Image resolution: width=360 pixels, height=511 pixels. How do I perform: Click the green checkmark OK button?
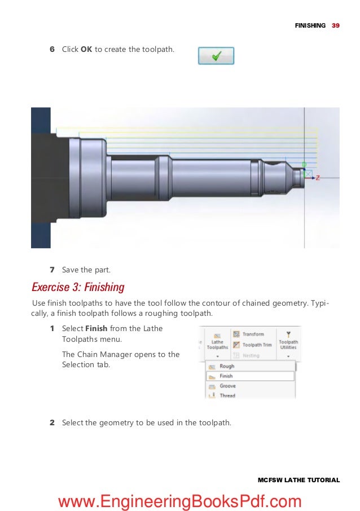[x=216, y=56]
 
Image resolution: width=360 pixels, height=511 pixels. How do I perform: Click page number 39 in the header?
[x=336, y=25]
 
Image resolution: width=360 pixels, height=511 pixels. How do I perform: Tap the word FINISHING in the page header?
[x=310, y=25]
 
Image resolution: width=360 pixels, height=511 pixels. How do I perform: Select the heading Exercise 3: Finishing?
[x=78, y=287]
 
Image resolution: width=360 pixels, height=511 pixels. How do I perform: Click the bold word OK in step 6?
[x=86, y=50]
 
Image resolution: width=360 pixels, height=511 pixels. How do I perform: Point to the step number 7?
[x=52, y=270]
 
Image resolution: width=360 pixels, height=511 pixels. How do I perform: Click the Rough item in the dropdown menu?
[x=227, y=366]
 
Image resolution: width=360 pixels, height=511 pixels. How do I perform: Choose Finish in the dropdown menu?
[x=226, y=376]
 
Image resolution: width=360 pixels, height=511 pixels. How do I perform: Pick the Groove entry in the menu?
[x=227, y=386]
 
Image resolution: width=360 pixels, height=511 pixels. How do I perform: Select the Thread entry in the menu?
[x=227, y=395]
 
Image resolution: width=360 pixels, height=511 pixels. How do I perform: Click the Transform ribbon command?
[x=252, y=334]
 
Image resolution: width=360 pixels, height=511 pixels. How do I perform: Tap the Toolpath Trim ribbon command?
[x=256, y=345]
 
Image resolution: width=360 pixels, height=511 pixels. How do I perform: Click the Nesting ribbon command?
[x=250, y=355]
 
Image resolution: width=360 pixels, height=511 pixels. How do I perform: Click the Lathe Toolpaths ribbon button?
[x=217, y=342]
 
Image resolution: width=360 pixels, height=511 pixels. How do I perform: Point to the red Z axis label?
[x=318, y=178]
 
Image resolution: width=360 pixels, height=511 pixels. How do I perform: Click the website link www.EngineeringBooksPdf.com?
[x=179, y=500]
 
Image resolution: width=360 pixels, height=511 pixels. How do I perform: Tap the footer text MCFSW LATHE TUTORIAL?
[x=298, y=480]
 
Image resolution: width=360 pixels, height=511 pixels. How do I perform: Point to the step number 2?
[x=52, y=422]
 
